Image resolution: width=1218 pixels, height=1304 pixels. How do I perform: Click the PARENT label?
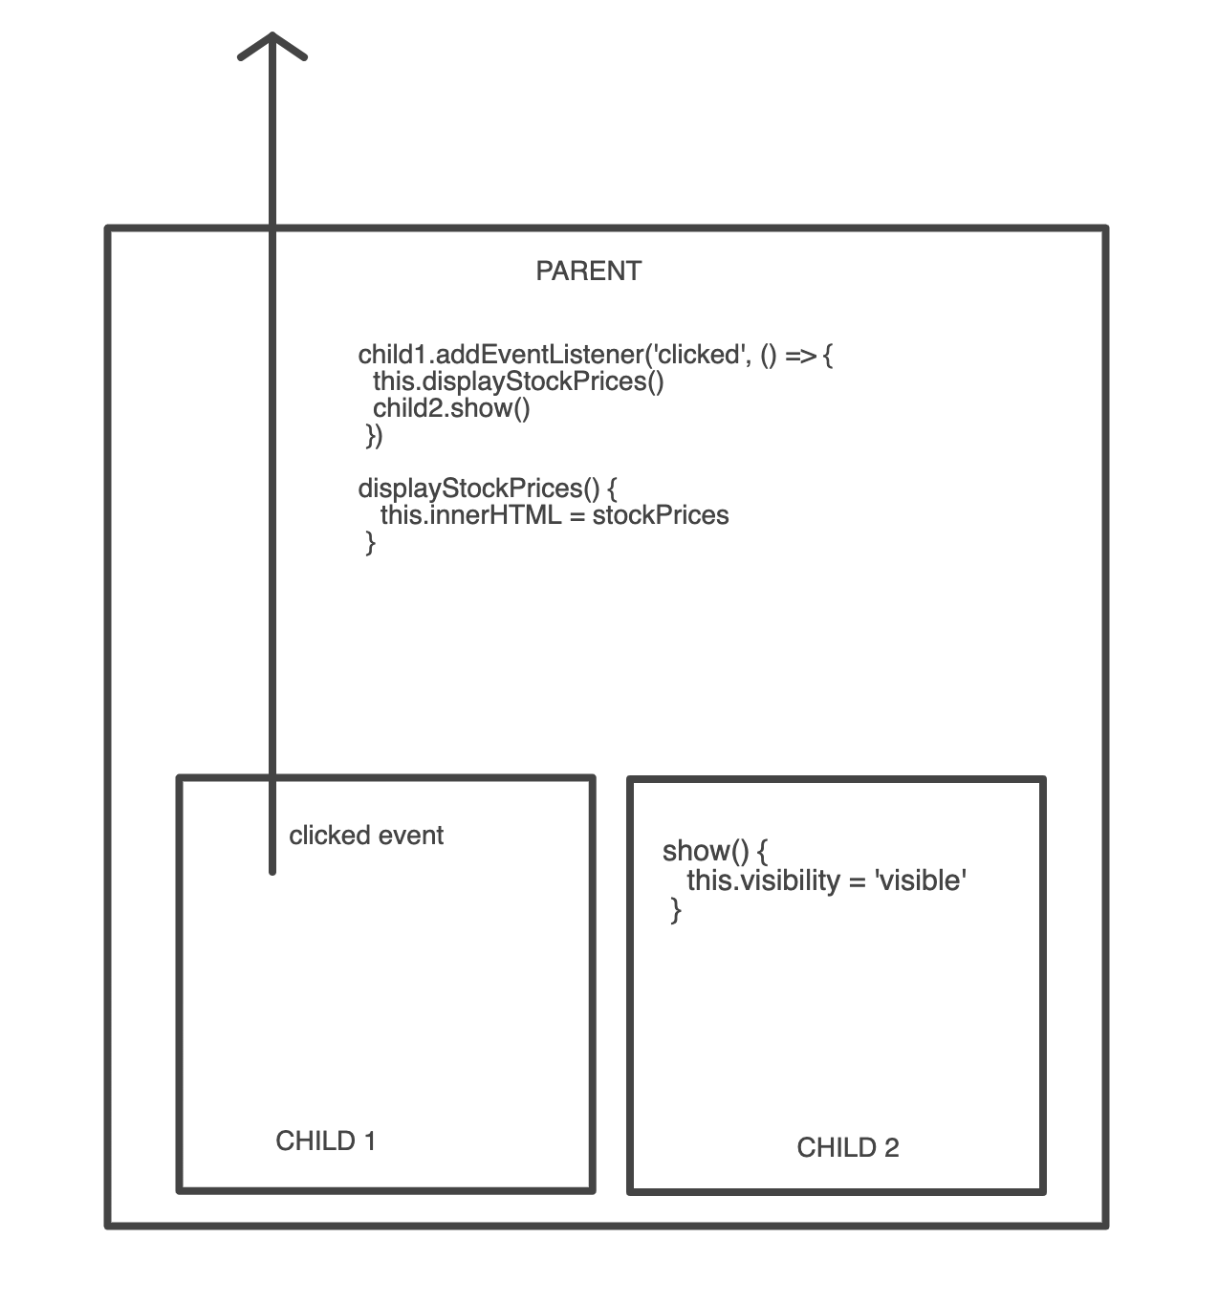[x=589, y=272]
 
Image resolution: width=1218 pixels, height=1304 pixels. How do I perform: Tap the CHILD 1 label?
[x=326, y=1141]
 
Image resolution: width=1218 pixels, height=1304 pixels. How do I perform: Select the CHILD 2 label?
[x=847, y=1148]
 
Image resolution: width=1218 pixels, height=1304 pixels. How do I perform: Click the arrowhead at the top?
[x=272, y=34]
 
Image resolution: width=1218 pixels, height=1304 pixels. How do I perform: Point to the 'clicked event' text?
[x=366, y=836]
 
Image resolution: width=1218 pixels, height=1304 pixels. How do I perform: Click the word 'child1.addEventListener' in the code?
[x=501, y=355]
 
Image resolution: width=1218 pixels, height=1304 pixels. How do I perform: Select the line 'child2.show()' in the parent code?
[x=451, y=408]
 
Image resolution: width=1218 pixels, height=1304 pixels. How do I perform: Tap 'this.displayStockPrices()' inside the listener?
[x=518, y=381]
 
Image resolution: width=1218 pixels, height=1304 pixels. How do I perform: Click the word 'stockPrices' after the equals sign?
[x=661, y=515]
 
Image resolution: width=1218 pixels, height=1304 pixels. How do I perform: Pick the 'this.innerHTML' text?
[x=471, y=515]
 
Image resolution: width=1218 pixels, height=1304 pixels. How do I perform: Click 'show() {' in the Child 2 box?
[x=715, y=851]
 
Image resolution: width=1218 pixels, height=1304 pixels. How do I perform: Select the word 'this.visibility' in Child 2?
[x=763, y=880]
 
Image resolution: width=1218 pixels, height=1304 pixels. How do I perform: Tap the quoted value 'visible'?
[x=921, y=880]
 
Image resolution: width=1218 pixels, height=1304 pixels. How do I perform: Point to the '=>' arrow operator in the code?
[x=801, y=356]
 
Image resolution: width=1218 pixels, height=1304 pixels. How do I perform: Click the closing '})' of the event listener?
[x=374, y=435]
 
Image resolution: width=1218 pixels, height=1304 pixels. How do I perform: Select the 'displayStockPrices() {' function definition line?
[x=488, y=489]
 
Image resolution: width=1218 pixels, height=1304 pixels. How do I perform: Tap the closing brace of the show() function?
[x=675, y=910]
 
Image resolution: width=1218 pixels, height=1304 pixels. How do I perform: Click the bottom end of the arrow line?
[x=272, y=872]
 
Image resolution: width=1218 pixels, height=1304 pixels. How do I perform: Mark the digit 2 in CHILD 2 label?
[x=891, y=1148]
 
